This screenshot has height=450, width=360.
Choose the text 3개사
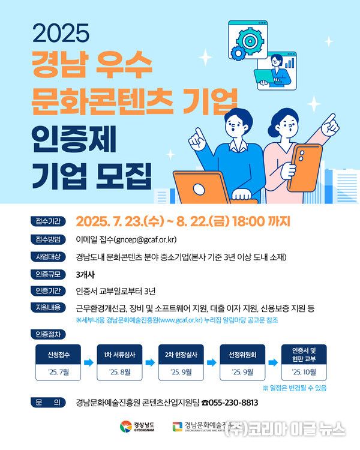pos(87,275)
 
